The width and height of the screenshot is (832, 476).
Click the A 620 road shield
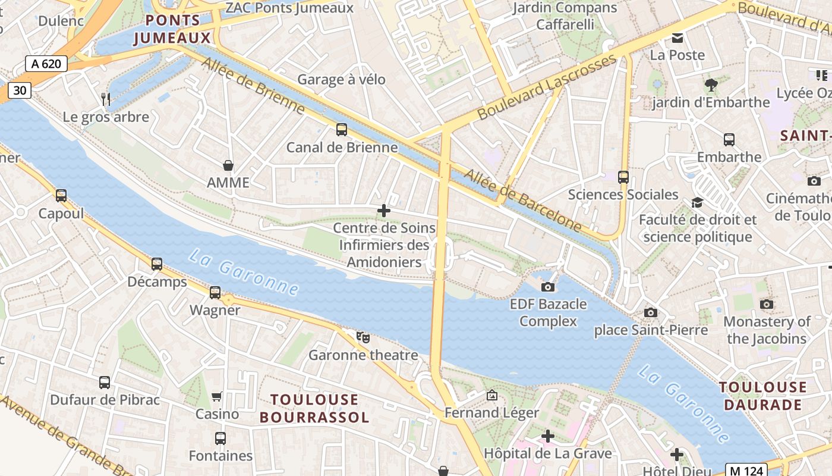click(46, 64)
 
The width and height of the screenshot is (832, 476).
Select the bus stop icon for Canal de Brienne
click(342, 130)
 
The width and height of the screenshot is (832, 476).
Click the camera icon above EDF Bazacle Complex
click(548, 287)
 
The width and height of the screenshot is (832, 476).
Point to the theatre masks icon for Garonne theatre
click(363, 337)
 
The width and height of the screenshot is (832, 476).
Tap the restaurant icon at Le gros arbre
click(106, 99)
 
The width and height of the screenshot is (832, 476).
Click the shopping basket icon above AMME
click(228, 165)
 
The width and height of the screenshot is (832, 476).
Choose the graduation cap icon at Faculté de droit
click(697, 203)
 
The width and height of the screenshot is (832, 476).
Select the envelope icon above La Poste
click(677, 38)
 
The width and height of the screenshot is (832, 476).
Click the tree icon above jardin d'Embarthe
click(710, 84)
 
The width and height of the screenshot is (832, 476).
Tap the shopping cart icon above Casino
click(217, 396)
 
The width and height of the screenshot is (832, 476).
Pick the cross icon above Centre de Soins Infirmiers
click(384, 211)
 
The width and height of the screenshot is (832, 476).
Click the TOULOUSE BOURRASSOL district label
click(314, 408)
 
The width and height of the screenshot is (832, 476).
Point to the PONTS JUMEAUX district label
click(172, 29)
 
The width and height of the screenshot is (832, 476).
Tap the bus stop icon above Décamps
click(157, 264)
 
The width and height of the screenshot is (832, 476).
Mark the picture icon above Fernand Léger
click(491, 395)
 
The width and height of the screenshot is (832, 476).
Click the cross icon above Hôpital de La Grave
click(547, 437)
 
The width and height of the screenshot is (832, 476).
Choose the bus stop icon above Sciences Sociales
click(623, 177)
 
